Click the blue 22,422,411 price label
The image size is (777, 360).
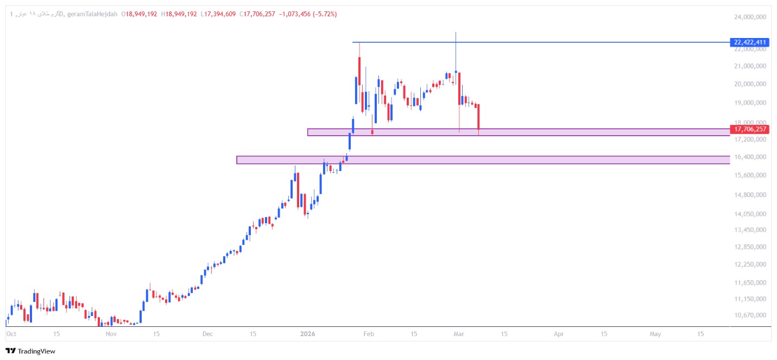pos(750,42)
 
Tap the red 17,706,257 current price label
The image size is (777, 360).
pos(750,129)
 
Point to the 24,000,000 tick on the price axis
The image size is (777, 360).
pos(749,17)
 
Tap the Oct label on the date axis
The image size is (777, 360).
pos(11,334)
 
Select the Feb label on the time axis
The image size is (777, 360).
pos(368,334)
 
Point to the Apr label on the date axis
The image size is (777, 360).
pos(559,334)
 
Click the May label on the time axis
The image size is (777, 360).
pos(655,334)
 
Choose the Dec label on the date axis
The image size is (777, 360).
pos(207,334)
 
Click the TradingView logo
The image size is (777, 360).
pos(30,351)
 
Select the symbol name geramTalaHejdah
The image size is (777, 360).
pos(92,14)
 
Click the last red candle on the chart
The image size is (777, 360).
pos(478,117)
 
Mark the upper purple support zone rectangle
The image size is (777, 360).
pos(519,132)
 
